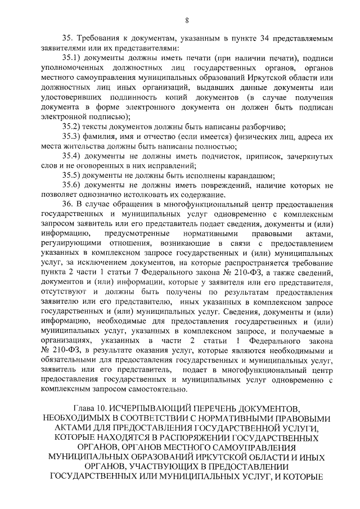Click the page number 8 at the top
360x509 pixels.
(187, 21)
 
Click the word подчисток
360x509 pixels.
(211, 155)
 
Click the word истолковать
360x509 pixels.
(137, 195)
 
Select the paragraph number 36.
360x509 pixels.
(68, 204)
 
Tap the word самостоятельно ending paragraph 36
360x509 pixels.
(147, 389)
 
